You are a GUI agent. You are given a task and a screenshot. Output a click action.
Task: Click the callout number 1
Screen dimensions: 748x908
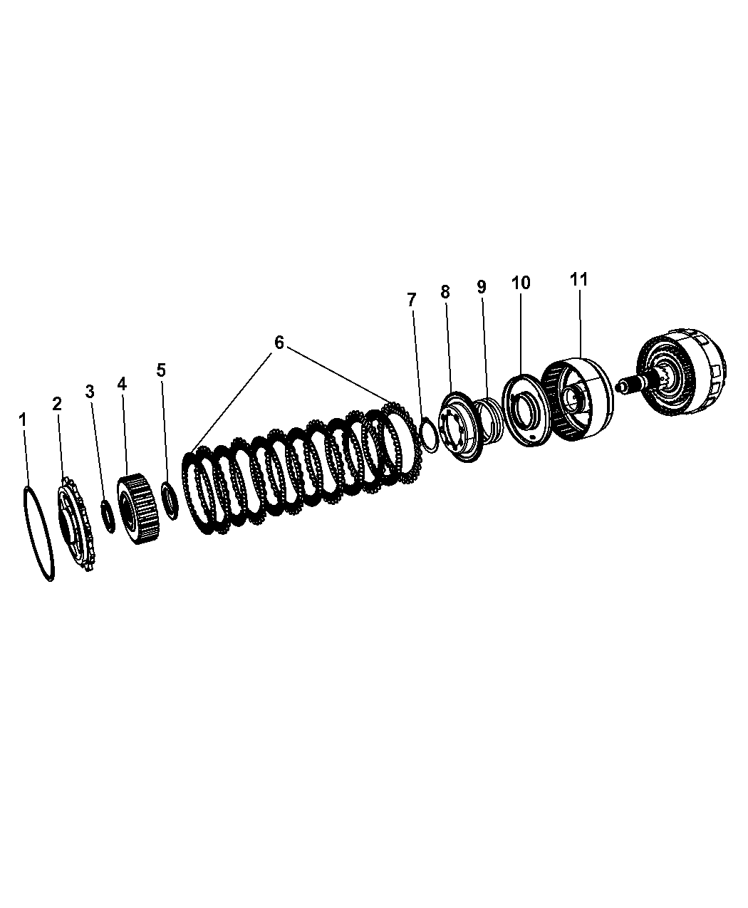23,420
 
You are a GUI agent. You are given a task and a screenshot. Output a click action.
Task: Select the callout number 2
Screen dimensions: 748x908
57,404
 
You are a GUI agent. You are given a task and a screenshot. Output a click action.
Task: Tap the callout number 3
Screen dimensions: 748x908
90,392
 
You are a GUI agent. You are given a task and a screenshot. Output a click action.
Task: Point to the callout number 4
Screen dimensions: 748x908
122,384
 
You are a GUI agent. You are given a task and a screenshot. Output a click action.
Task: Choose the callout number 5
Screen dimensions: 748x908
161,370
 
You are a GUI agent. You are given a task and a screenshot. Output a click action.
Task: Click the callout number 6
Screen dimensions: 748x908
279,343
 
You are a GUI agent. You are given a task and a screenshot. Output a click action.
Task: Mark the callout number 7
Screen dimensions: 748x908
412,299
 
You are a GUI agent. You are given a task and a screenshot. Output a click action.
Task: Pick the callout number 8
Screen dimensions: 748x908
445,292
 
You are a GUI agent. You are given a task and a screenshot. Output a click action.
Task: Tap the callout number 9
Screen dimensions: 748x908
481,286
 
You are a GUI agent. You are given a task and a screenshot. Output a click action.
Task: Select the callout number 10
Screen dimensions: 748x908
521,283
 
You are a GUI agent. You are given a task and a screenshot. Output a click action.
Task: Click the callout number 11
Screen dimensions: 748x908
578,279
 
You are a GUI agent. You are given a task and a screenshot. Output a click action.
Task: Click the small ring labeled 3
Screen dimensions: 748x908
108,516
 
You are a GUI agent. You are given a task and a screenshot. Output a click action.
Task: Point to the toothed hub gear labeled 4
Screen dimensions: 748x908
138,508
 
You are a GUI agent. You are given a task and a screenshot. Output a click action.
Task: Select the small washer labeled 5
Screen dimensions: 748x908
170,500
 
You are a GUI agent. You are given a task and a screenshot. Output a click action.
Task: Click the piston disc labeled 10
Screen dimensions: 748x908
524,410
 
